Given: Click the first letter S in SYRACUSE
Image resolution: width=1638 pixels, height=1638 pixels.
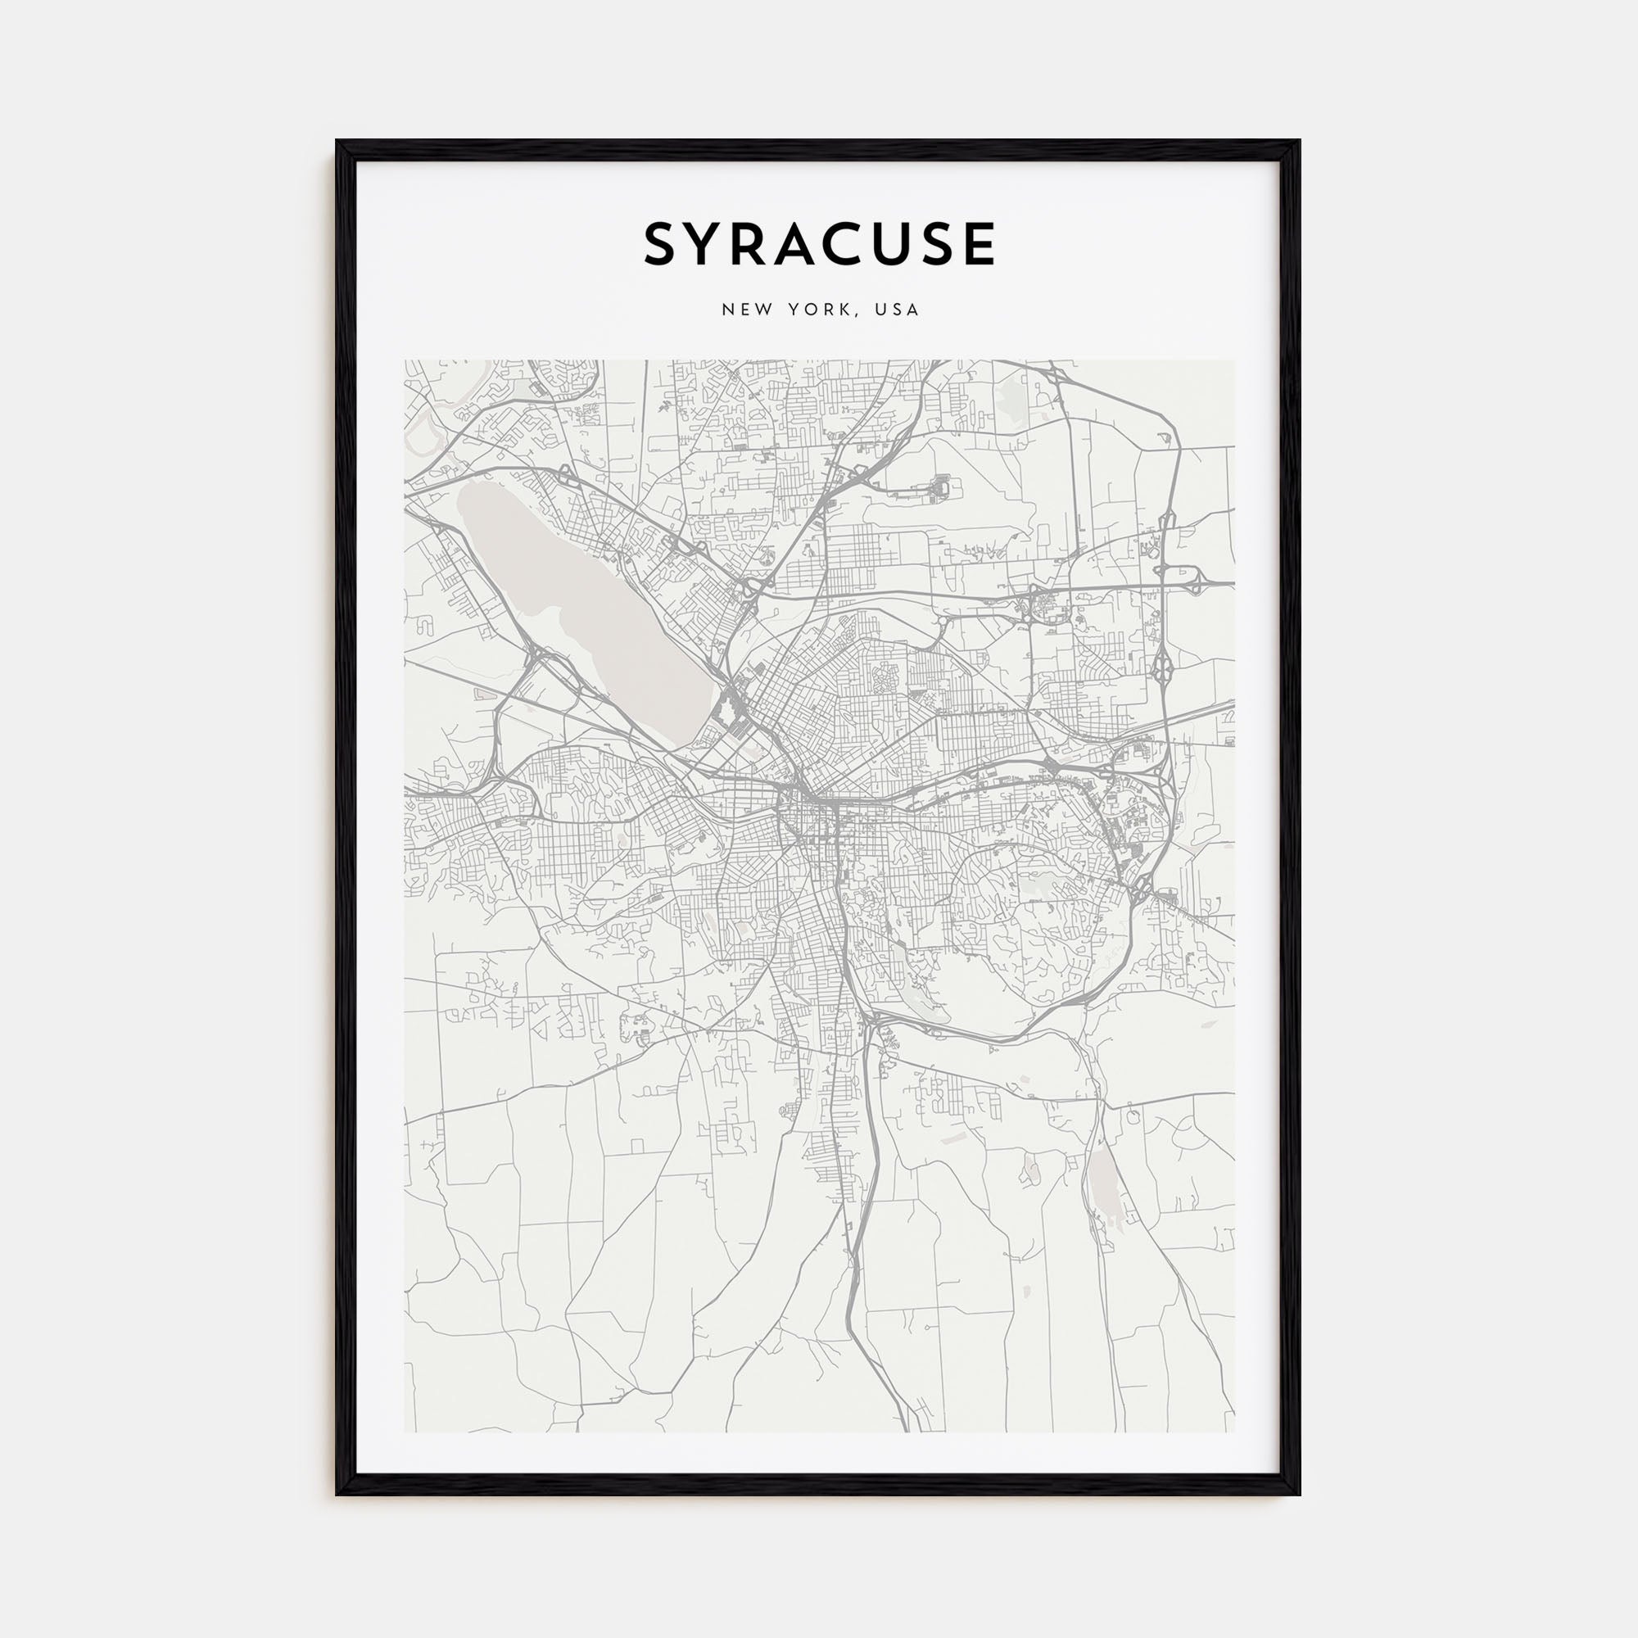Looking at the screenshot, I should coord(664,244).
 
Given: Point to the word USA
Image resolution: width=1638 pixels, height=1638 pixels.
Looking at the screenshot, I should coord(898,310).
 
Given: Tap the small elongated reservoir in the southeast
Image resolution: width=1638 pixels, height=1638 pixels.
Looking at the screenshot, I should coord(1103,1187).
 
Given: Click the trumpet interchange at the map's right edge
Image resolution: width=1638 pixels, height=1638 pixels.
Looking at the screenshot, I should coord(1199,581).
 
